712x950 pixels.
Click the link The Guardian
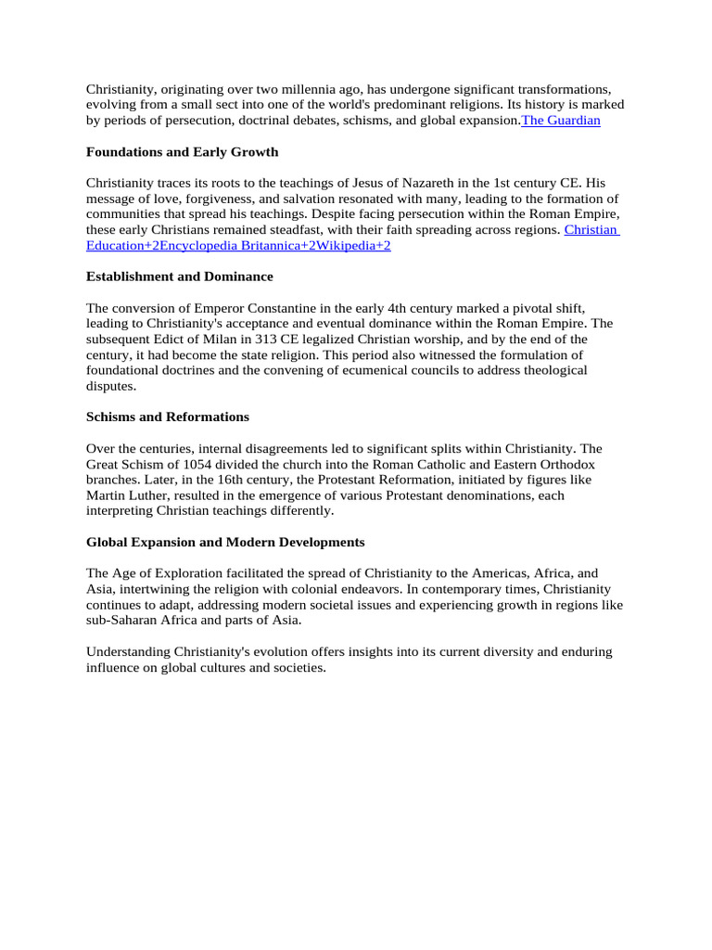(x=561, y=121)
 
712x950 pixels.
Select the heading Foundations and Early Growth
(x=182, y=151)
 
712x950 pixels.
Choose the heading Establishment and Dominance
(x=179, y=276)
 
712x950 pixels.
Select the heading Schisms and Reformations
(x=167, y=417)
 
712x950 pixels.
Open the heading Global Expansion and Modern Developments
(x=225, y=542)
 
